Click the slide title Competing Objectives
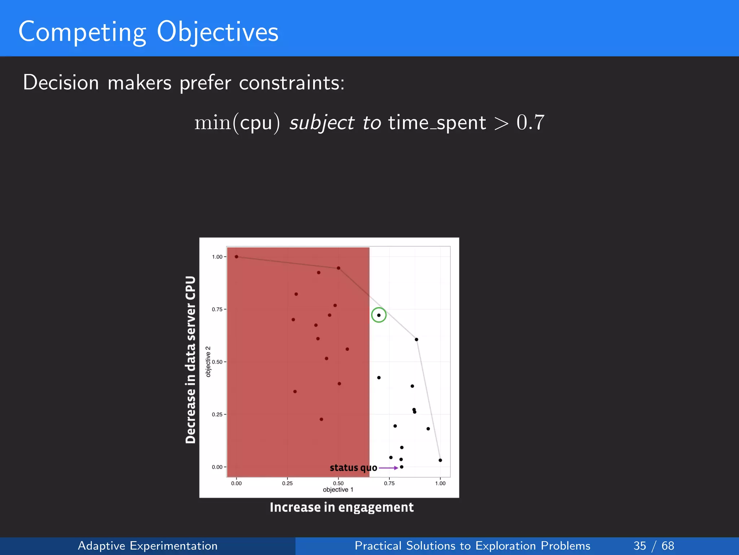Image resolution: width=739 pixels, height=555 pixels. click(148, 32)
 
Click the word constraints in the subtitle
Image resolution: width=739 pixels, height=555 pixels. click(292, 83)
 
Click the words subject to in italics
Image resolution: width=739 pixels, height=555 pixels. click(335, 123)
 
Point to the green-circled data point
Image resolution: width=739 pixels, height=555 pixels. click(379, 315)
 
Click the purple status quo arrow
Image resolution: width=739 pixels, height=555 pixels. click(389, 468)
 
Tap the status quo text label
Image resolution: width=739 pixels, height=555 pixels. click(353, 468)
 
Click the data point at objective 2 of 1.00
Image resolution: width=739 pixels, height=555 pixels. click(236, 257)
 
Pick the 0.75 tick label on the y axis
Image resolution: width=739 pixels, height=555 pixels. click(217, 309)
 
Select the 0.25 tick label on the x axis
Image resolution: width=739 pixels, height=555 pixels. click(287, 483)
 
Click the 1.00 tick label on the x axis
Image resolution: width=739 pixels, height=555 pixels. click(440, 483)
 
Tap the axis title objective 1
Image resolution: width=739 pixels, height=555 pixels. click(338, 490)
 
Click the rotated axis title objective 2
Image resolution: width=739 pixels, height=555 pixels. click(208, 361)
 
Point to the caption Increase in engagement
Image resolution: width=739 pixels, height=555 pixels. click(341, 507)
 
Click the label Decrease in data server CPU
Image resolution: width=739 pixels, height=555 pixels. click(191, 360)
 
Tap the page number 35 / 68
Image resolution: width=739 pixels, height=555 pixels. click(653, 546)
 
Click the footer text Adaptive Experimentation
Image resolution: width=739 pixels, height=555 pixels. click(148, 546)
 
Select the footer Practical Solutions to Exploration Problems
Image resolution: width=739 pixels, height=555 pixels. click(472, 546)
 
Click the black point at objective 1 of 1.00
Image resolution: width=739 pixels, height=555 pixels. click(440, 460)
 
